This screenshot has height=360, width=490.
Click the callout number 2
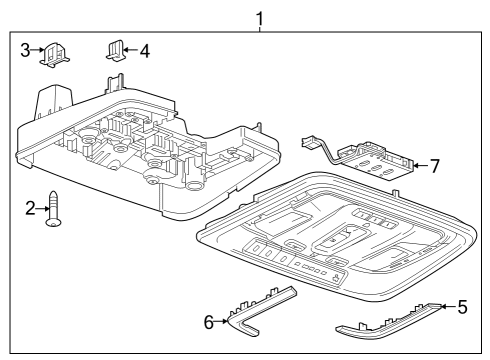click(x=29, y=207)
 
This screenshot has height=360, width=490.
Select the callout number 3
click(x=24, y=50)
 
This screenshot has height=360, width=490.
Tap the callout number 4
click(x=145, y=49)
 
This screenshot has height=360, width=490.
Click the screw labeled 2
click(x=54, y=210)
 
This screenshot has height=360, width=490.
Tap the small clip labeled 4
click(x=115, y=50)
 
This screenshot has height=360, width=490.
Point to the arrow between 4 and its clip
click(x=131, y=49)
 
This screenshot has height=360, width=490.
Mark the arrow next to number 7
click(x=420, y=164)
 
